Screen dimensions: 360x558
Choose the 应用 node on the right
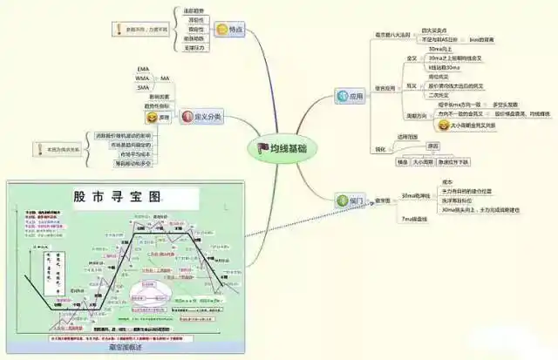(355, 97)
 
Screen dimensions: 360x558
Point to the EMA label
(144, 69)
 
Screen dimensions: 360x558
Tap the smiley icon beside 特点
(222, 30)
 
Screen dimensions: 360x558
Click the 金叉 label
(412, 58)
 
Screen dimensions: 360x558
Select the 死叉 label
(412, 86)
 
